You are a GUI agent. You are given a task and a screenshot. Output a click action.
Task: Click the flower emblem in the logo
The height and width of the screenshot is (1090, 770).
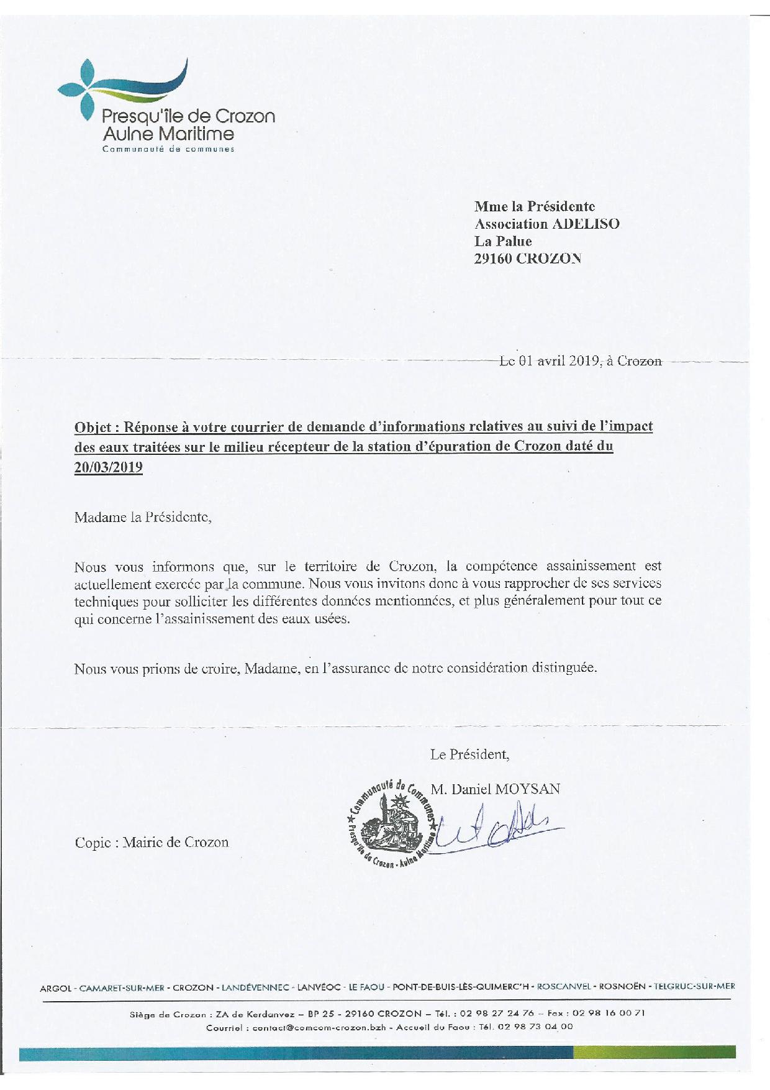(x=84, y=89)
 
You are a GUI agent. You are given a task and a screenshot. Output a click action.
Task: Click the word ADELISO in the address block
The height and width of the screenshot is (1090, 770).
(x=586, y=224)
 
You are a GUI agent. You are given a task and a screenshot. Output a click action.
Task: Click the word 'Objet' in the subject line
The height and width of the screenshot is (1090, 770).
(x=92, y=427)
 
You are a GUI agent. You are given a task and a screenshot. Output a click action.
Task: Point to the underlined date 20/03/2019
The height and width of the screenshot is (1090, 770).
(x=108, y=467)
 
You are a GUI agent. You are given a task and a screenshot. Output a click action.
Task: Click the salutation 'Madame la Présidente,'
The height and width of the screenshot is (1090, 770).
(x=143, y=517)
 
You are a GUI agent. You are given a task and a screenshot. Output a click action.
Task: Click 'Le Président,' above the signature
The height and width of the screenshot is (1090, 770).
(x=469, y=754)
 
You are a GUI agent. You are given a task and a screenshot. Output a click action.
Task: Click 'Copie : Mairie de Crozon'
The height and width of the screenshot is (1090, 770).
(x=152, y=843)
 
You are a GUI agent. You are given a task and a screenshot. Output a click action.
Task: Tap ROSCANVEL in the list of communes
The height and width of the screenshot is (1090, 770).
(x=563, y=986)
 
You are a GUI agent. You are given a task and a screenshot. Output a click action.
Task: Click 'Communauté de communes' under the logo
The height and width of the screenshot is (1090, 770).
(x=168, y=150)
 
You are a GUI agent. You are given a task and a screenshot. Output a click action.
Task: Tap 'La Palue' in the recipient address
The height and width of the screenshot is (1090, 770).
(x=503, y=241)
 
